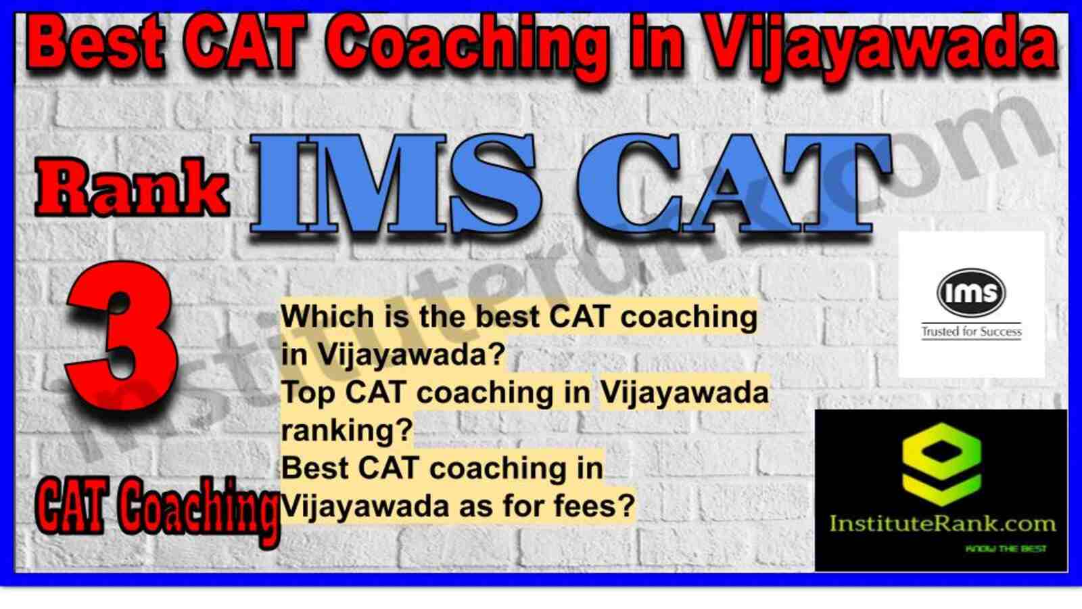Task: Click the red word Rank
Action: tap(131, 188)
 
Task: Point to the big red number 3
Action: tap(121, 336)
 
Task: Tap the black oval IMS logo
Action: tap(971, 292)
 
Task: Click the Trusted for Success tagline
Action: tap(971, 332)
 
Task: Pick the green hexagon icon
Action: tap(941, 464)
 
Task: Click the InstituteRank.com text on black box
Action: tap(942, 524)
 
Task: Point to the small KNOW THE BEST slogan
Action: tap(1005, 549)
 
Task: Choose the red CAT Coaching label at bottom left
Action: tap(156, 507)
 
